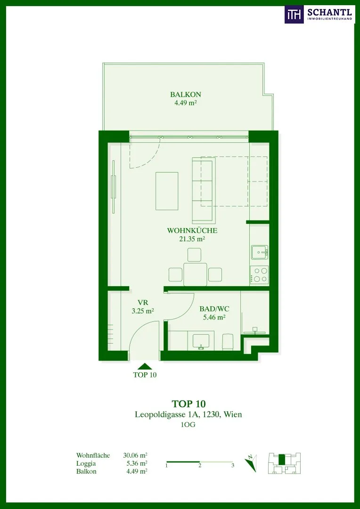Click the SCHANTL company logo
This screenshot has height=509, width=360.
[319, 15]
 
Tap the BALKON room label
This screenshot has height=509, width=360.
[186, 95]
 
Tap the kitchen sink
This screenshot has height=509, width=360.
[260, 252]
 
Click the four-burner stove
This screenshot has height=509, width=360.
[259, 275]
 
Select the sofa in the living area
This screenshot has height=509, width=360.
[203, 190]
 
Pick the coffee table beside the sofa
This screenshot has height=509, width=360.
[167, 191]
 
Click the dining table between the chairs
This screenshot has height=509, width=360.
[195, 275]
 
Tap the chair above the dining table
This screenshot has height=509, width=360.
[195, 255]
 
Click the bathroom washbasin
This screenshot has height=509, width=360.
[201, 341]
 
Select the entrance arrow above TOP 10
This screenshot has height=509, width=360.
[145, 367]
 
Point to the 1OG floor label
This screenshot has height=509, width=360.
[188, 425]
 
